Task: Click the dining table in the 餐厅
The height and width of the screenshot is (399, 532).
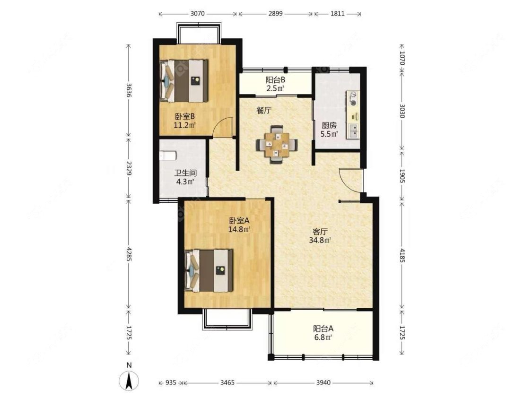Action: point(277,145)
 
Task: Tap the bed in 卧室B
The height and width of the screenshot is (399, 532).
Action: point(183,81)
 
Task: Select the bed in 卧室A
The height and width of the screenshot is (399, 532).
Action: point(209,270)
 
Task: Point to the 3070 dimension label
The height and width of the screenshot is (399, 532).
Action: point(198,14)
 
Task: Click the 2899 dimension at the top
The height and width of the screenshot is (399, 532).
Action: point(275,14)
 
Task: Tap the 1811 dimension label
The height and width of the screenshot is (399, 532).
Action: point(337,14)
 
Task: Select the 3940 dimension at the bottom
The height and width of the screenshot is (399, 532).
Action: point(323,383)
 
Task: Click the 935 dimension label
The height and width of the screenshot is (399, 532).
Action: point(171,383)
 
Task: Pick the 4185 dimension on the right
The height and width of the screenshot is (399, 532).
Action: point(402,255)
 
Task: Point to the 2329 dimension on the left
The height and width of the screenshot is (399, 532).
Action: point(129,168)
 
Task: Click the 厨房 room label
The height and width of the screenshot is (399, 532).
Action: point(329,125)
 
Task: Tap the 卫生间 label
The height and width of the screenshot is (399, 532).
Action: point(185,173)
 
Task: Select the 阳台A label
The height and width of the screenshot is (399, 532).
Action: point(323,329)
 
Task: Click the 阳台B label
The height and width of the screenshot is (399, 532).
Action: point(275,80)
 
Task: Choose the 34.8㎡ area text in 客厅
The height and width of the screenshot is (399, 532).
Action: point(320,241)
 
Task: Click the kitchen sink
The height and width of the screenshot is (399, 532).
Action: point(352,130)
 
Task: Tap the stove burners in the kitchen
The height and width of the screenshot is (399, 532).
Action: point(352,98)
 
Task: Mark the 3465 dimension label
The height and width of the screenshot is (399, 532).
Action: point(227,383)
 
